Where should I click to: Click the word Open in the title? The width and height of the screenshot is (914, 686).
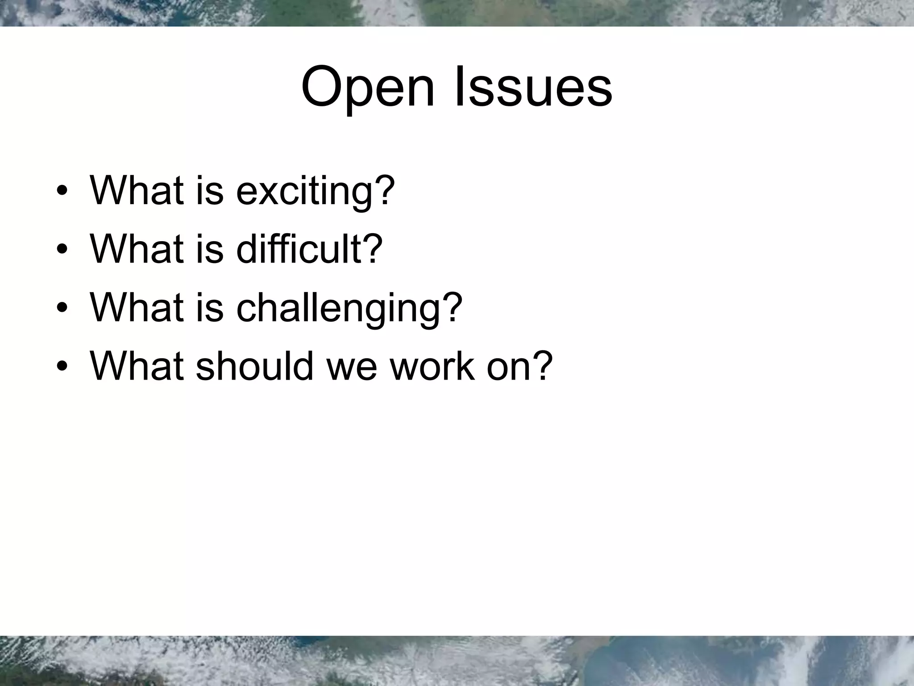click(x=367, y=87)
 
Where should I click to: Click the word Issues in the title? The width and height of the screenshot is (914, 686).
click(x=533, y=87)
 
